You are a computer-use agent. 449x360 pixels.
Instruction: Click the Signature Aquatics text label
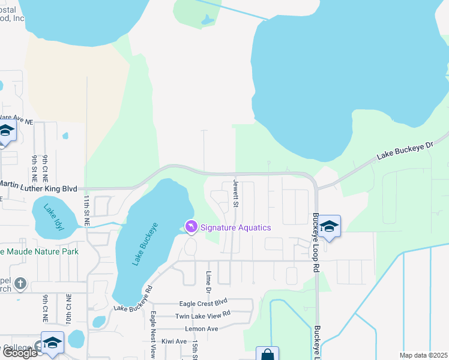coord(235,227)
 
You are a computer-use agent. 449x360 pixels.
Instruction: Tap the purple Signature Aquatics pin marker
coord(191,226)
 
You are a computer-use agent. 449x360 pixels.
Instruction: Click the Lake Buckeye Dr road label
coord(405,151)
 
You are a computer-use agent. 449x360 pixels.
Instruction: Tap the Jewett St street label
coord(236,193)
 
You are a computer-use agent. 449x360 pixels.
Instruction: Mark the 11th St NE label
coord(86,209)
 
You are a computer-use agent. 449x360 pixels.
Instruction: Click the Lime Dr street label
coord(209,281)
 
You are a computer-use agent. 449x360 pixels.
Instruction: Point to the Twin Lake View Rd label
coord(202,315)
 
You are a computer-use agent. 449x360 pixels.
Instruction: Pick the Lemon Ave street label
coord(201,329)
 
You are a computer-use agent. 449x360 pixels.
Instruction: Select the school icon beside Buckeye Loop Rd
coord(329,226)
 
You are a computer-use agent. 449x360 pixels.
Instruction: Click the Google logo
coord(19,353)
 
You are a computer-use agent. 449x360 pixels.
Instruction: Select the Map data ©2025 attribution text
coord(423,355)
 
